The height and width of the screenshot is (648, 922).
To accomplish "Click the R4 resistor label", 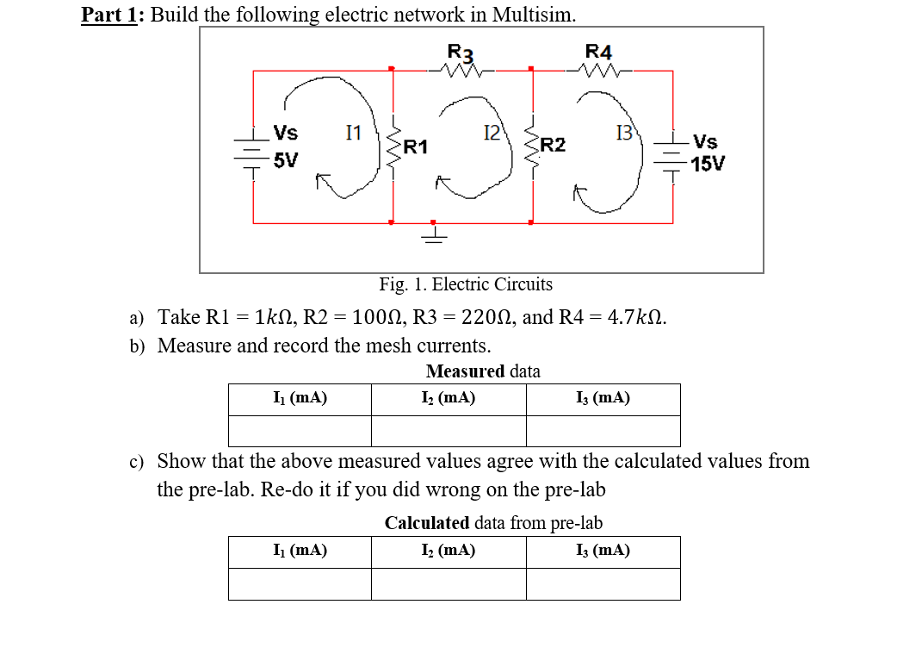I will (598, 52).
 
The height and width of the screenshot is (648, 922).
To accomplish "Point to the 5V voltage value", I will (286, 161).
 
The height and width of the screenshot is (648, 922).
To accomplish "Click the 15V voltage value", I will (708, 164).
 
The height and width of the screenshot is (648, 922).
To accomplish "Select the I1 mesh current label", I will (353, 133).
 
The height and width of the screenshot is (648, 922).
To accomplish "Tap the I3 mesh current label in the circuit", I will (624, 133).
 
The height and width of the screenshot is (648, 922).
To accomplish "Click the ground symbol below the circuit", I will (434, 234).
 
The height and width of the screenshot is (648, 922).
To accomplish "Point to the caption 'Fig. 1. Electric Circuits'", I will (466, 284).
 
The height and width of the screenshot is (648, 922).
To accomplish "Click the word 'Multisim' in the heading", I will (534, 15).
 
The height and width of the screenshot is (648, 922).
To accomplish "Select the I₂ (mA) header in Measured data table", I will (448, 398).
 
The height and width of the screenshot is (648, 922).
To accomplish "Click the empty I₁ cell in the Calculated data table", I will (300, 583).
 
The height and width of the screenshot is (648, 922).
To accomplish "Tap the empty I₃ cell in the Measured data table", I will (603, 431).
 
